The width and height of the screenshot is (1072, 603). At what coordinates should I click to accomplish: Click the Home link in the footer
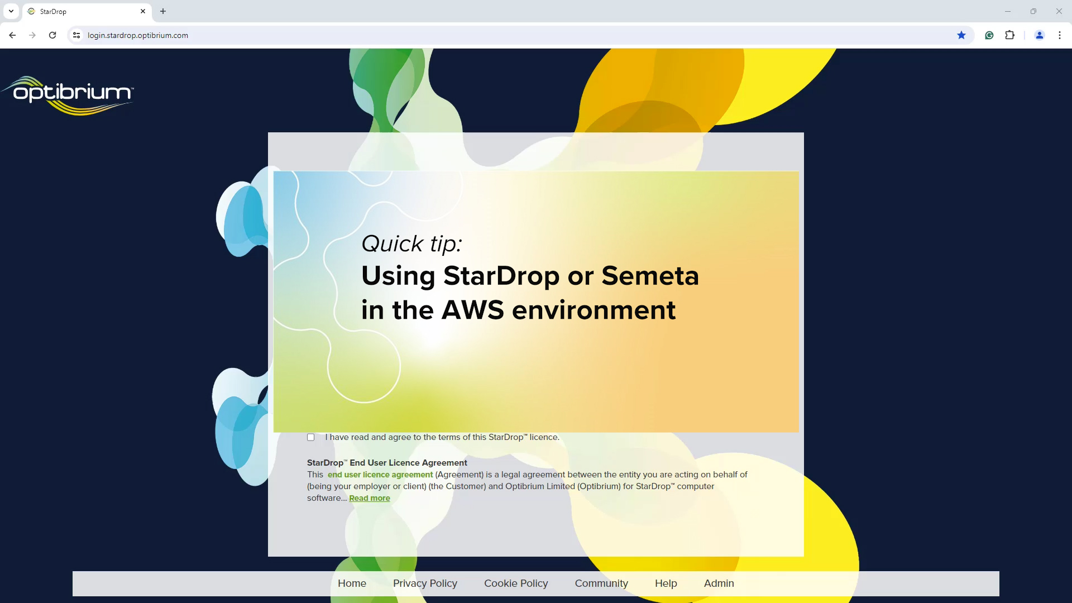352,583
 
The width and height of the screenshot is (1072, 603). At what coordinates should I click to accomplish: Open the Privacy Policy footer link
425,583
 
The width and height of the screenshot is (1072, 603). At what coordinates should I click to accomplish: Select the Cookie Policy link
516,583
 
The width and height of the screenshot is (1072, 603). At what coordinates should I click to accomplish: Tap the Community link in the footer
601,583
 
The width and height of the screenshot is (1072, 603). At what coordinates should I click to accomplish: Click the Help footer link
666,583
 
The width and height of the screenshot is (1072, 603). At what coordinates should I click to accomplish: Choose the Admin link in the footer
719,583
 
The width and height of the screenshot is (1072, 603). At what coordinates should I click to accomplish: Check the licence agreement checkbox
311,437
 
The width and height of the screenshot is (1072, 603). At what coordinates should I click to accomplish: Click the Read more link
370,498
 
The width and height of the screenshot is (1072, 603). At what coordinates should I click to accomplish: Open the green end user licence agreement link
380,475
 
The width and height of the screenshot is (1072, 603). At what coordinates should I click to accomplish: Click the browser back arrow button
12,35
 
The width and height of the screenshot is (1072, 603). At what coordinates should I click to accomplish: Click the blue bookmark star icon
961,35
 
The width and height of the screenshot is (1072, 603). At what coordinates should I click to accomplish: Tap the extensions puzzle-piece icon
1009,35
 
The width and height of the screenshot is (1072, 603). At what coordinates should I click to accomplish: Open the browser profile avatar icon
1040,35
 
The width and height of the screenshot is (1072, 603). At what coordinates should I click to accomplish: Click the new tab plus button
163,11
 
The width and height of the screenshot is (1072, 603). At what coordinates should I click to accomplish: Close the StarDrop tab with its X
143,11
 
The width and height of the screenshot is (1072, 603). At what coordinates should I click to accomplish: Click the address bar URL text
138,35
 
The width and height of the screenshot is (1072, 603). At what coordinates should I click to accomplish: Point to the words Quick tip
412,243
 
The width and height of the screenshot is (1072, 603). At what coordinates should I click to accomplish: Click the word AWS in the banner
472,310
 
